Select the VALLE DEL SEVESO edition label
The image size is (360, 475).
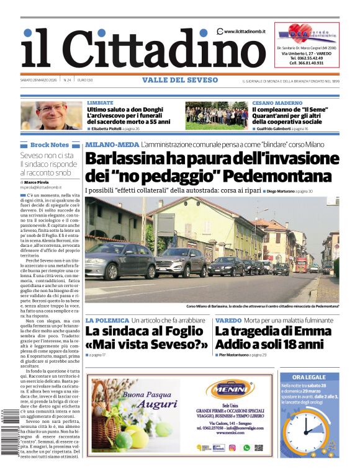[x=180, y=80]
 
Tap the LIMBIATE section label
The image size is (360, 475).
[x=100, y=102]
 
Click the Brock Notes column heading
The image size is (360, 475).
[x=49, y=144]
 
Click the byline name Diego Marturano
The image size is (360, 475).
[x=286, y=191]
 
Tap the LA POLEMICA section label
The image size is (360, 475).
[x=107, y=320]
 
